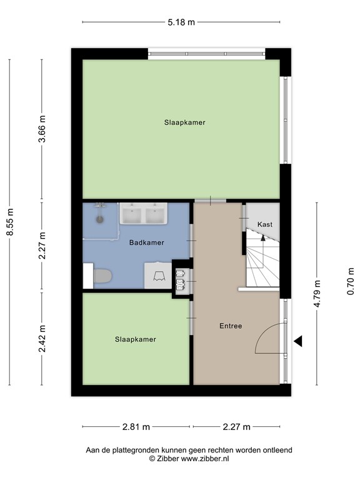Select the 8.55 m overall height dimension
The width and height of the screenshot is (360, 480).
9,221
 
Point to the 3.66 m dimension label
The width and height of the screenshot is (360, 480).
42,130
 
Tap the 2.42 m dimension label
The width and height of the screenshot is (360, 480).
42,338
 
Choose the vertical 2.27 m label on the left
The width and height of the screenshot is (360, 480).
42,247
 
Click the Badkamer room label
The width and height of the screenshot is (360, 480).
147,242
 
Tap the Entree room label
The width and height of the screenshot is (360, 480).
230,326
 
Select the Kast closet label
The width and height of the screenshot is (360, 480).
264,224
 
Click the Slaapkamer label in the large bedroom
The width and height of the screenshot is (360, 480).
184,122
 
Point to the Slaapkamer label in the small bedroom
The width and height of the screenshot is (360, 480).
135,339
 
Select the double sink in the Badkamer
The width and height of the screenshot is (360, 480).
143,214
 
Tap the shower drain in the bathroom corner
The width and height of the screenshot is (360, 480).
99,219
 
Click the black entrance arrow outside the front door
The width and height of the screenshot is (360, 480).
298,341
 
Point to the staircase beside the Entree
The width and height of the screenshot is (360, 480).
262,262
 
